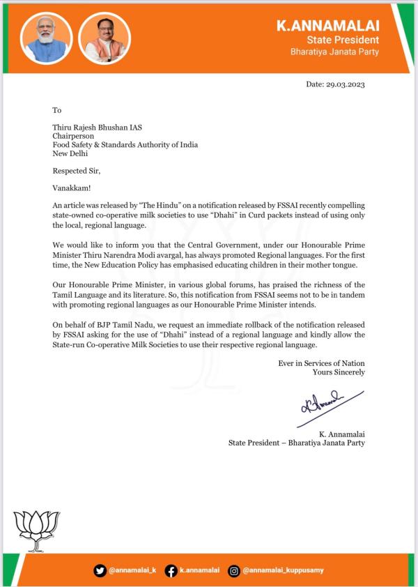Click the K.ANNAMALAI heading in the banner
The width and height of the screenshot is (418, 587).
(x=328, y=26)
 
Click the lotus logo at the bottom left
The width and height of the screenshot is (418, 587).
(x=40, y=532)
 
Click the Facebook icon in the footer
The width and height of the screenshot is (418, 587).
(x=171, y=570)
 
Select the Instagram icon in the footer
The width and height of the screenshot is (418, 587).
(x=234, y=570)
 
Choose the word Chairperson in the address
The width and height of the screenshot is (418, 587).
(x=74, y=137)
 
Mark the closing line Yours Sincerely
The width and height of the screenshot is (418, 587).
(x=339, y=372)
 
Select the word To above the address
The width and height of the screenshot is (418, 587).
(x=57, y=110)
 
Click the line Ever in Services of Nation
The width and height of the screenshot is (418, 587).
(x=321, y=363)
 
